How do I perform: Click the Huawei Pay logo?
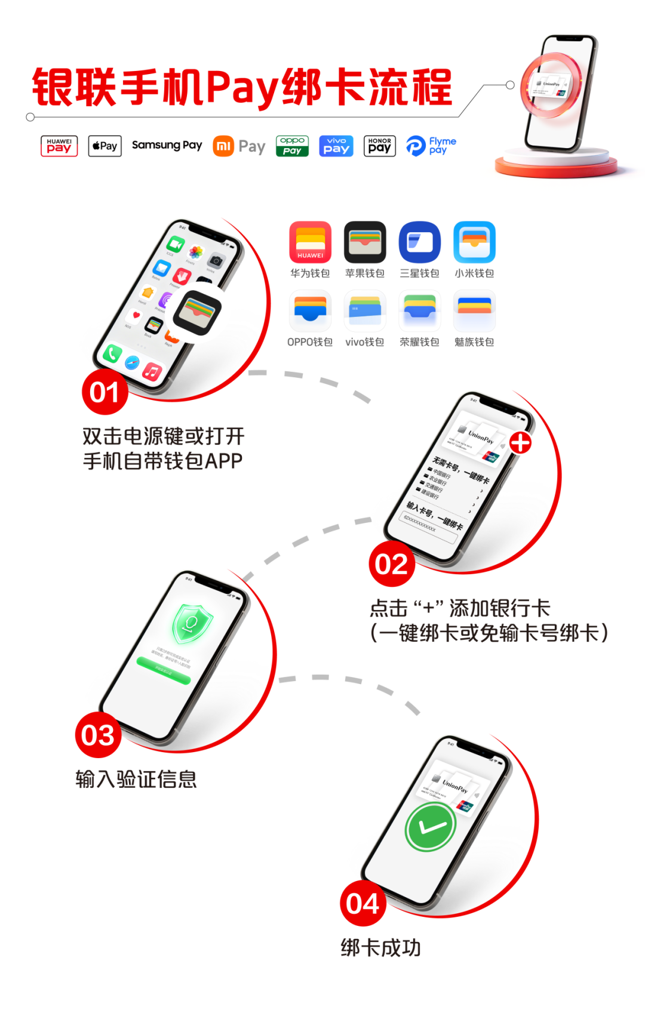pos(59,146)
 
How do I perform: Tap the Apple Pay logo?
pos(105,146)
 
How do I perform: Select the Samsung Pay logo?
pos(167,146)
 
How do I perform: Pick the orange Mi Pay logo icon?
pos(223,146)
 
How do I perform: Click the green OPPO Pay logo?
pos(292,146)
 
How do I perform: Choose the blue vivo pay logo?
pos(336,146)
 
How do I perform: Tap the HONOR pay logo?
pos(380,146)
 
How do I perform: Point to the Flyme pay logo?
pos(431,146)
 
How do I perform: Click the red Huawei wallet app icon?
pos(310,242)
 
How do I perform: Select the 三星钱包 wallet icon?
pos(420,242)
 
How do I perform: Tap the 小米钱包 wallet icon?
pos(475,242)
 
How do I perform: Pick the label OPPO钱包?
pos(310,342)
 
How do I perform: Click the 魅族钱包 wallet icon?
pos(475,310)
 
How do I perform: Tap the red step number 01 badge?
pos(105,392)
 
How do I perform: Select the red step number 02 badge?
pos(391,564)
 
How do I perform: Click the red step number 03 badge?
pos(98,735)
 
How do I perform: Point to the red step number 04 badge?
pos(363,904)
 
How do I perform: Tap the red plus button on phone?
pos(521,443)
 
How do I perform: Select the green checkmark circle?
pos(431,827)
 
